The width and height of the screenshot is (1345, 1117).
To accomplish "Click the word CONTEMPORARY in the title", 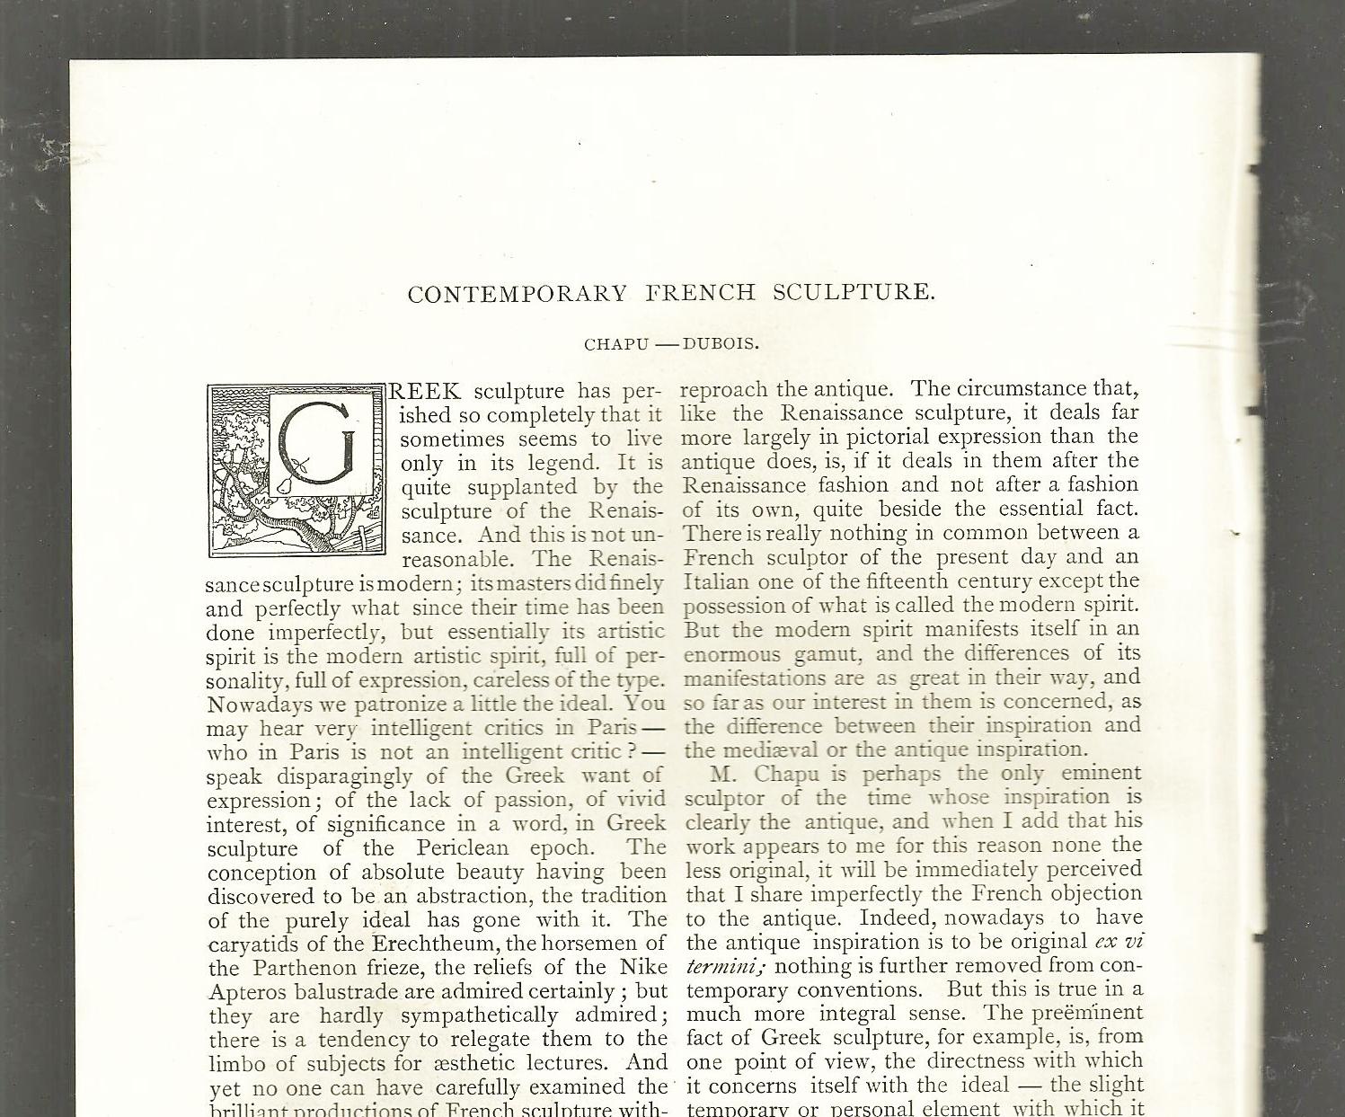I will [518, 294].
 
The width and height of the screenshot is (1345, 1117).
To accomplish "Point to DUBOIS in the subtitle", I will [721, 344].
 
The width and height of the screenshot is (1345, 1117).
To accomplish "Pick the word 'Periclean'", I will [462, 848].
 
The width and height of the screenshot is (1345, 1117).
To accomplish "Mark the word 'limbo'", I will [234, 1064].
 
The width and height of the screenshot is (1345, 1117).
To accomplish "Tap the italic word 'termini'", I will [723, 967].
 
